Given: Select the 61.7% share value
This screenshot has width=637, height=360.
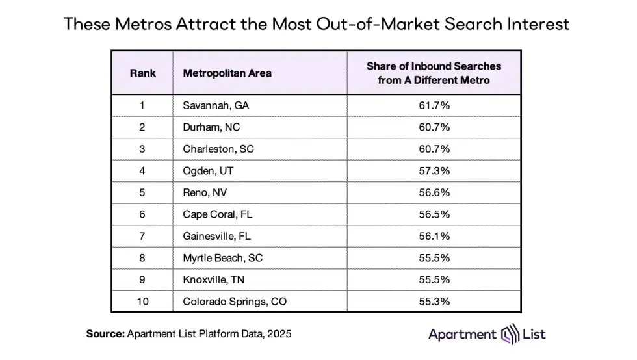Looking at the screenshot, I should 434,105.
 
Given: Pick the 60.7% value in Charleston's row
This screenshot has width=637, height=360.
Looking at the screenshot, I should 434,149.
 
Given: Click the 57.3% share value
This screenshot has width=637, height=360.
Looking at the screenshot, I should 434,171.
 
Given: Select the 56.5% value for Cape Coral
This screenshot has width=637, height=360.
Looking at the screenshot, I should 434,214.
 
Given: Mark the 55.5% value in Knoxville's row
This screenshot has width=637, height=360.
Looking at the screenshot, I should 434,280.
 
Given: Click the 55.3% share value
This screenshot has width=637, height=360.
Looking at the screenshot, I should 434,302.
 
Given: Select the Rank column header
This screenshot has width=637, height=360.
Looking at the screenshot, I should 142,73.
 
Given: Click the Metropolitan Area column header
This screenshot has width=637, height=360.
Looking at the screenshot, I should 227,73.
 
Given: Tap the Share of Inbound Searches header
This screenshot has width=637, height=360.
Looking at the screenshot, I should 434,73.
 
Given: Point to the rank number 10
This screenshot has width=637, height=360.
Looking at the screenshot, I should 142,302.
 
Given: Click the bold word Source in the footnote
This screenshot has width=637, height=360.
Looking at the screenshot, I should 106,334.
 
